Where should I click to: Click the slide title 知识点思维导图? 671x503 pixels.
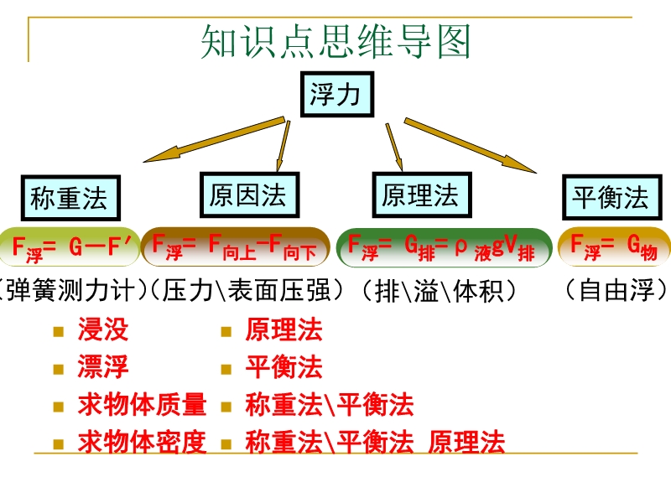335,42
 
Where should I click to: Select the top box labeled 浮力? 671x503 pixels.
335,94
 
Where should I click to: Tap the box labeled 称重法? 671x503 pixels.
69,200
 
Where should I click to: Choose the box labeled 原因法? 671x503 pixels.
247,196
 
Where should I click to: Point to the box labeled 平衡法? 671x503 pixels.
610,199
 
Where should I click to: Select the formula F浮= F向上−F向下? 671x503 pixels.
235,246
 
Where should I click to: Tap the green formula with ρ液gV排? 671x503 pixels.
443,246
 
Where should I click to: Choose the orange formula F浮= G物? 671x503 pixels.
614,246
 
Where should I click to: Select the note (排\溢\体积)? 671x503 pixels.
436,291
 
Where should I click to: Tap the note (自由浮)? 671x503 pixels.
616,291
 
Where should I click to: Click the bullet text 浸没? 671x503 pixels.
103,329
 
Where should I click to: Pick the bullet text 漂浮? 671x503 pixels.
103,367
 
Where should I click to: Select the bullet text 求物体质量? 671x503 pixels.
142,405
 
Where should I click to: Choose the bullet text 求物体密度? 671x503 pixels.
142,442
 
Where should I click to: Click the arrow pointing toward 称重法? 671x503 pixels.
214,141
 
